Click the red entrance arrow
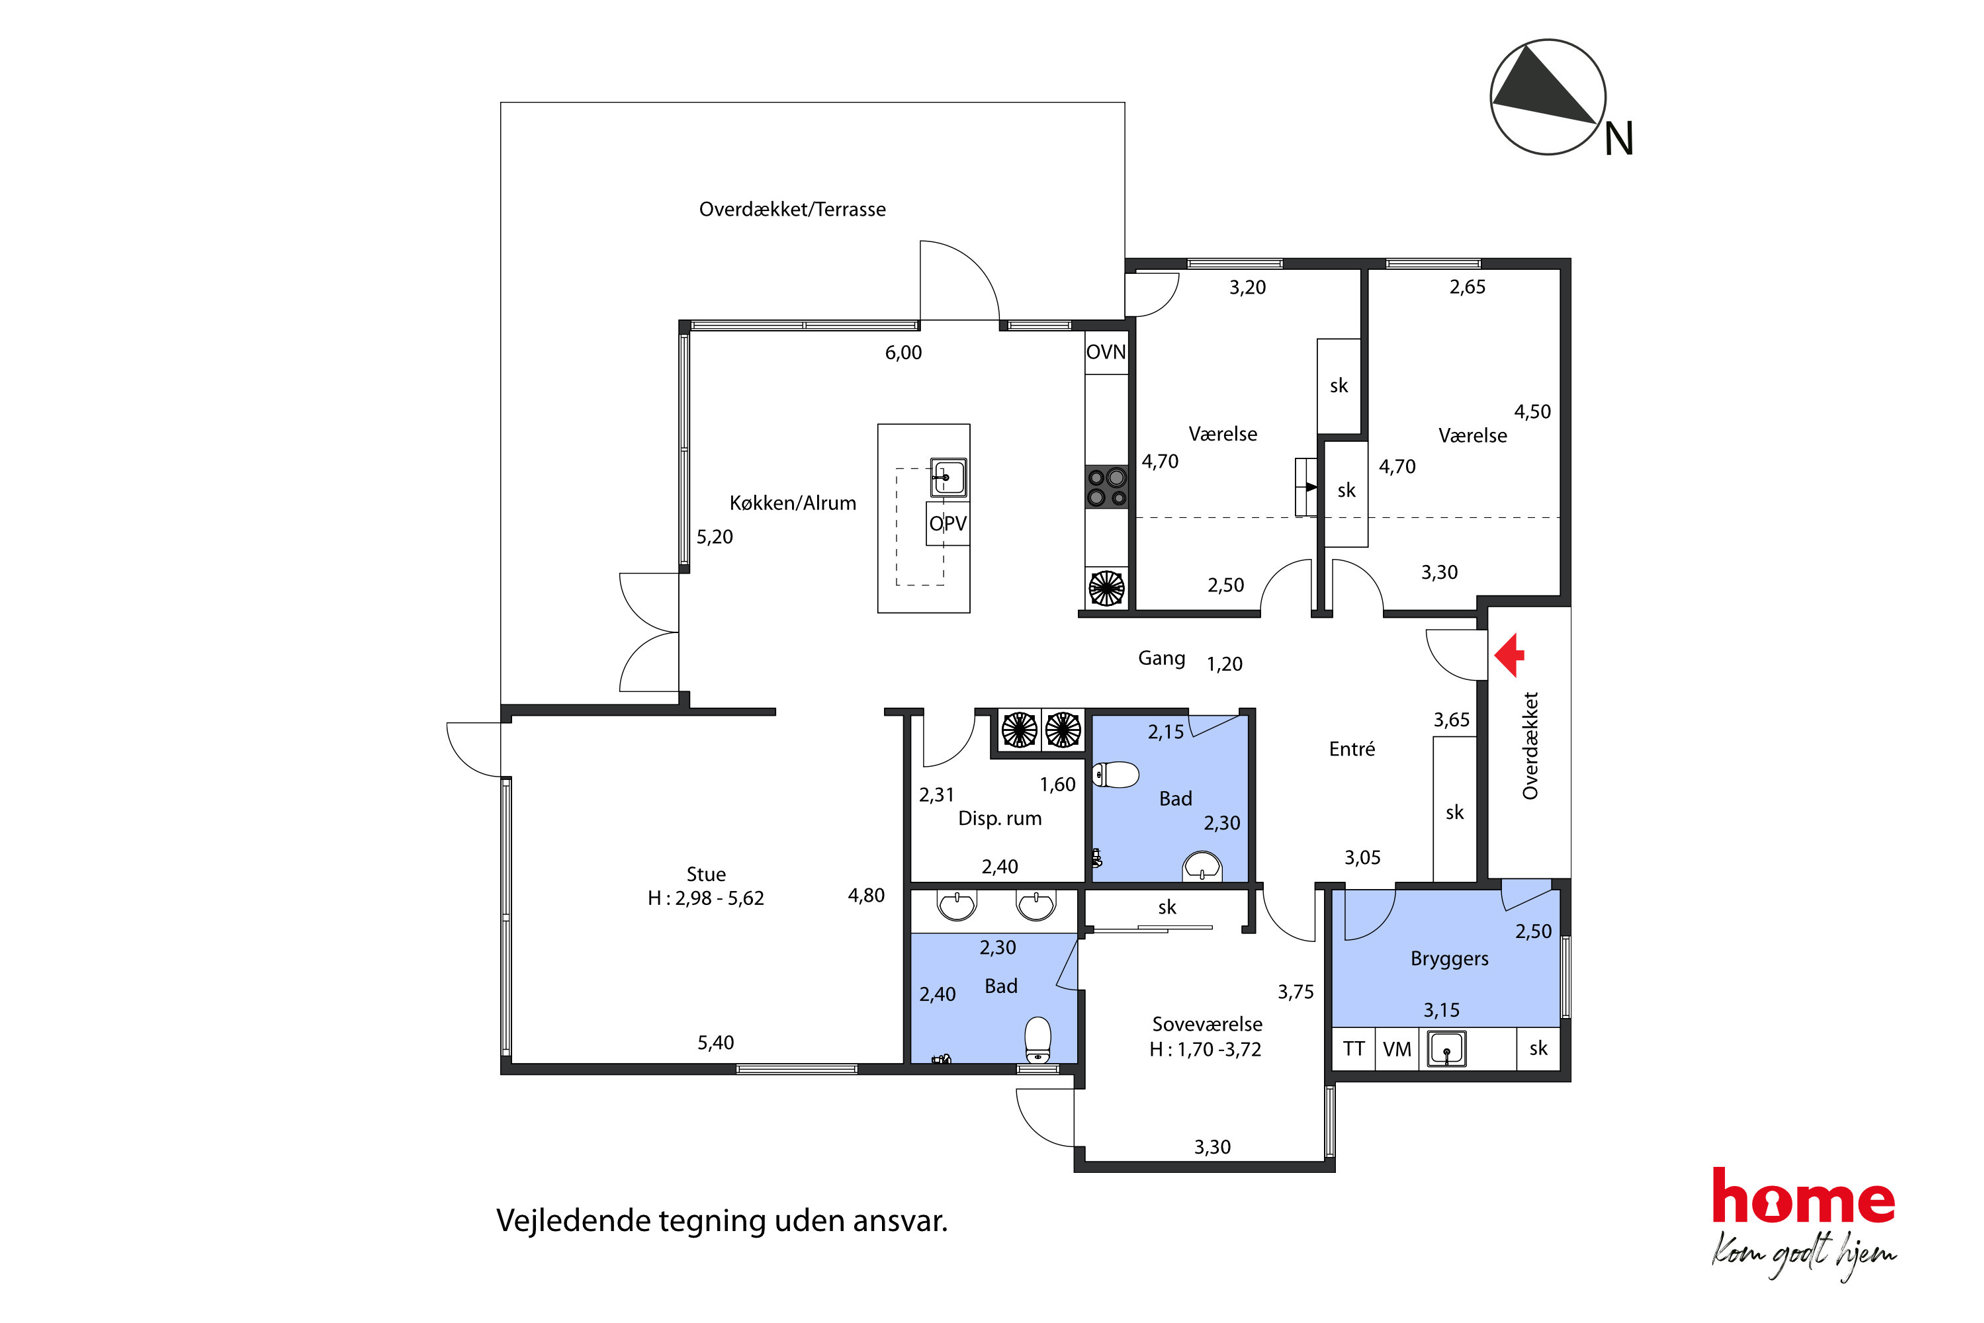1509,656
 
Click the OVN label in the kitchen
1106,352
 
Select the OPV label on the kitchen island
948,523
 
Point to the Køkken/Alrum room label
793,503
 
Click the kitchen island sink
948,477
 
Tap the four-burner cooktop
1107,487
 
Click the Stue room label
706,874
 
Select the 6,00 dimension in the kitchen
903,352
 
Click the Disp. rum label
1000,818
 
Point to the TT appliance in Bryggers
1354,1049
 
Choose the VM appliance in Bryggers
1397,1049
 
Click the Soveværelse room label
1207,1024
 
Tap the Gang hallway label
1161,658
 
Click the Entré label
1352,749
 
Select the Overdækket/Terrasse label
792,209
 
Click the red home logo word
1803,1196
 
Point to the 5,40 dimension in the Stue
716,1043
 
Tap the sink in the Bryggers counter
1446,1049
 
